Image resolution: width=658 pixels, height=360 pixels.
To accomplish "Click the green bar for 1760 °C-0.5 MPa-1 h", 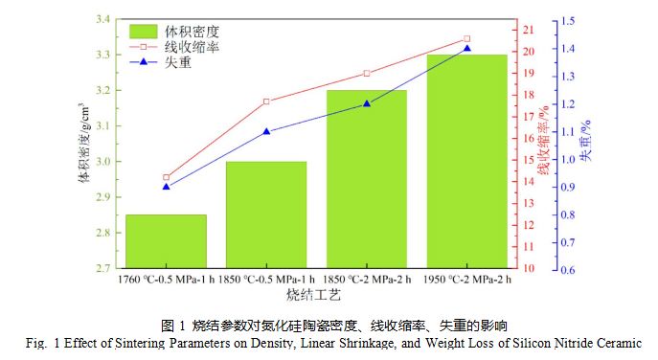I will coord(166,241).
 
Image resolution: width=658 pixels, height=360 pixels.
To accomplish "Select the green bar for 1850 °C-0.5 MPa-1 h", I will coord(265,214).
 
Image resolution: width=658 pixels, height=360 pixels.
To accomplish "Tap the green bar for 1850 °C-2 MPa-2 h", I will coord(366,179).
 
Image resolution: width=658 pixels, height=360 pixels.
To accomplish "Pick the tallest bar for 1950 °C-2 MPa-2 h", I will coord(466,161).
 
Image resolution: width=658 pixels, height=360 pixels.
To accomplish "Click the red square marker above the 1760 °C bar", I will coord(166,177).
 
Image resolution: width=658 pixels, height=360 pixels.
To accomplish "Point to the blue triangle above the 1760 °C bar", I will coord(166,186).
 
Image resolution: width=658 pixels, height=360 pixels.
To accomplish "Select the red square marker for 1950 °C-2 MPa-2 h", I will coord(466,39).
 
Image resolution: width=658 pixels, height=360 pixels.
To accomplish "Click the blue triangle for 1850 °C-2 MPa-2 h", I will coord(366,103).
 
